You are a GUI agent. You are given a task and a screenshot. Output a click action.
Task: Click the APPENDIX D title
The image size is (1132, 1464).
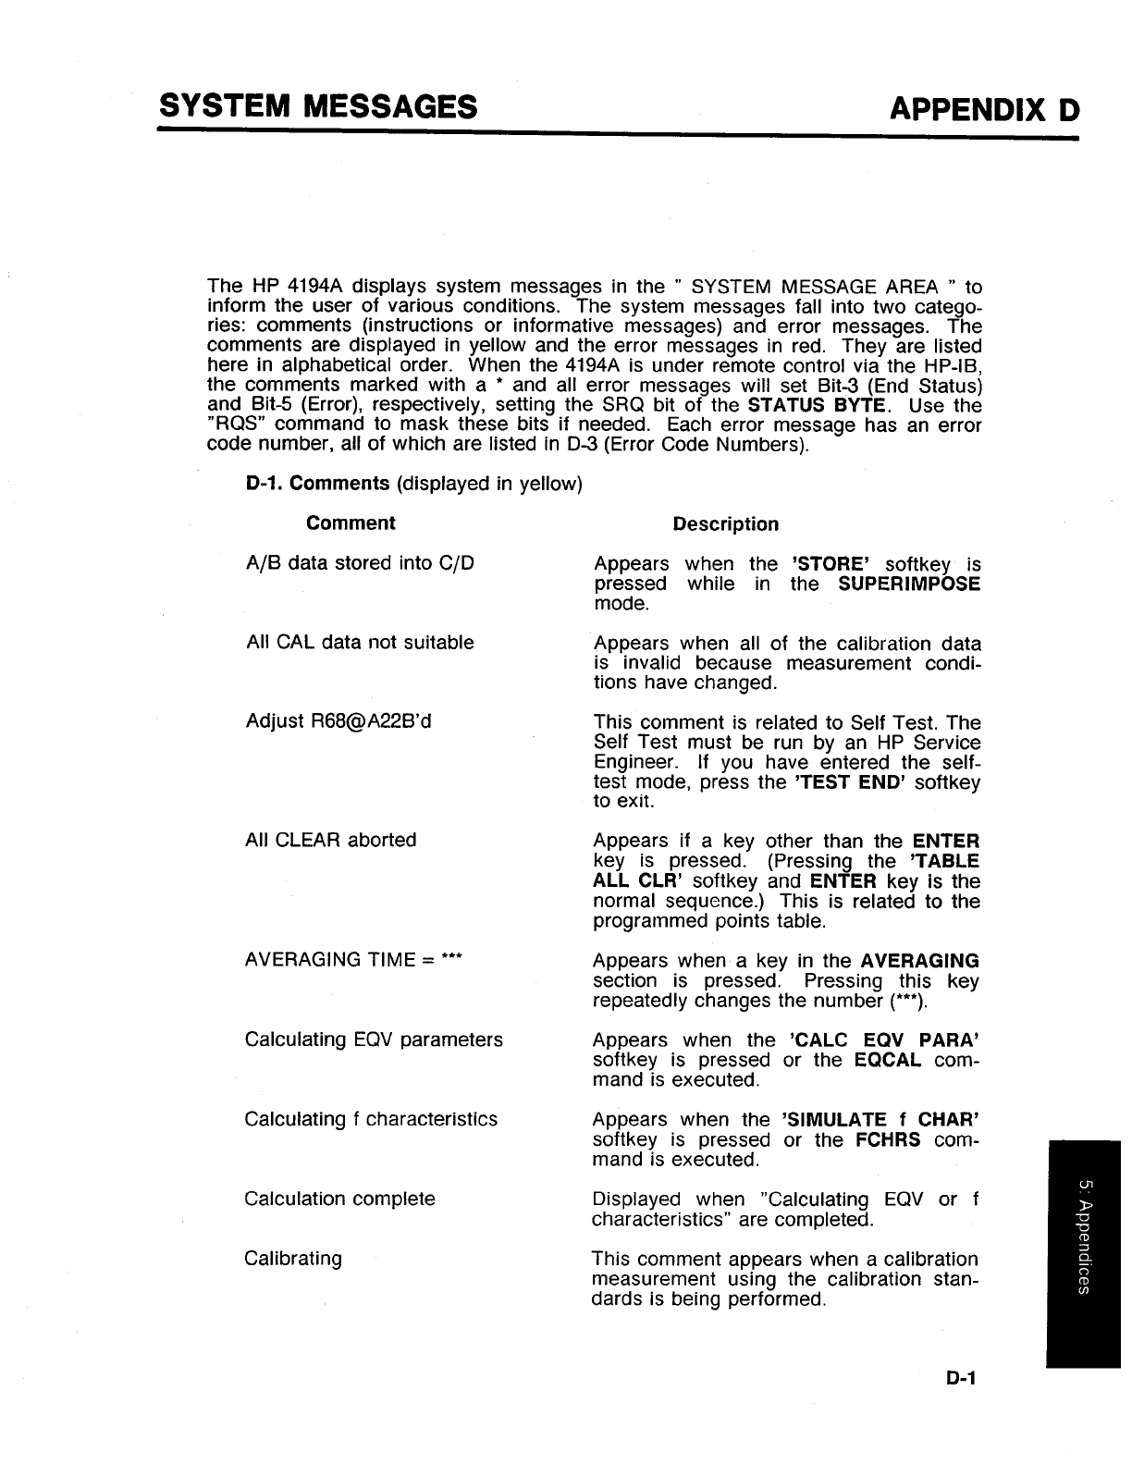pyautogui.click(x=984, y=110)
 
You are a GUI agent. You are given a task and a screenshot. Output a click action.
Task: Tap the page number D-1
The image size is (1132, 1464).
pyautogui.click(x=963, y=1378)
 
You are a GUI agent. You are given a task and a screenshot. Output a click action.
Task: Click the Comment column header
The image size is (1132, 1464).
pyautogui.click(x=351, y=523)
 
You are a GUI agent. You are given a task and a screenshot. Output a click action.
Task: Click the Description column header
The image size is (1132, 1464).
pyautogui.click(x=726, y=524)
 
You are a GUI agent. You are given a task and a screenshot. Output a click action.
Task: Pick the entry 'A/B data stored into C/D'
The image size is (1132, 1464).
pyautogui.click(x=360, y=563)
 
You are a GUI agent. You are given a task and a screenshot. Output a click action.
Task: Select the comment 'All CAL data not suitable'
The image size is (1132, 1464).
pyautogui.click(x=360, y=642)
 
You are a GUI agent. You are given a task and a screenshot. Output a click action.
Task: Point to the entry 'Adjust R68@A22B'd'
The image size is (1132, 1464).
pyautogui.click(x=338, y=721)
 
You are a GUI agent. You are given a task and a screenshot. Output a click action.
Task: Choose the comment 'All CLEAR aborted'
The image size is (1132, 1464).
pyautogui.click(x=331, y=840)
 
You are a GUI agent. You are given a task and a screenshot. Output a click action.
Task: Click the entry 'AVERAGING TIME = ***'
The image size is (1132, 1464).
pyautogui.click(x=353, y=959)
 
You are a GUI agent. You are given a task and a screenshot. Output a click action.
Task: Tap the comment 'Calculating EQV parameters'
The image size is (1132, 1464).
pyautogui.click(x=374, y=1040)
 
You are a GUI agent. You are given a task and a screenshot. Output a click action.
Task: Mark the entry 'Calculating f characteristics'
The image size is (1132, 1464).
pyautogui.click(x=371, y=1119)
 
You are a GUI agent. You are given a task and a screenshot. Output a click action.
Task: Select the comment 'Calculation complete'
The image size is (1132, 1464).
pyautogui.click(x=339, y=1199)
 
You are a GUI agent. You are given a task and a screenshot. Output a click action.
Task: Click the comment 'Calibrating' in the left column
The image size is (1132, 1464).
pyautogui.click(x=293, y=1259)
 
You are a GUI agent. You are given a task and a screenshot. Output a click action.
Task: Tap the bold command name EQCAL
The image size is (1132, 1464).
pyautogui.click(x=888, y=1060)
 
